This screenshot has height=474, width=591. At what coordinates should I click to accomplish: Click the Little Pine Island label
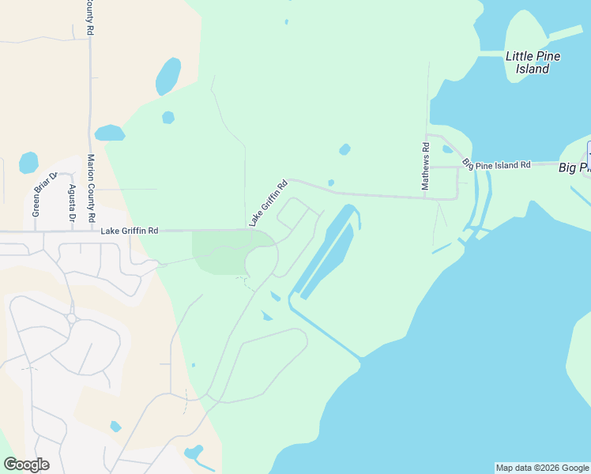(527, 62)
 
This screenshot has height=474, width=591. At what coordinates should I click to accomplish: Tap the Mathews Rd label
(425, 166)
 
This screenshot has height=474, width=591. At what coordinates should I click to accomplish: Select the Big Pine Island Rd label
(497, 165)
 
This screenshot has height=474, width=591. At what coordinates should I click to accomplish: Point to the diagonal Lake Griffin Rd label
(268, 204)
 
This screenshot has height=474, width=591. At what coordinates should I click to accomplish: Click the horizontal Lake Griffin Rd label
(130, 231)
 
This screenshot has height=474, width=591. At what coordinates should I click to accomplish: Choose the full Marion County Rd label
(91, 187)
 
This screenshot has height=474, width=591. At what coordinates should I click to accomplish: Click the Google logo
(26, 464)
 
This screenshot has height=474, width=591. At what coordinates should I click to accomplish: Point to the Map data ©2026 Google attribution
(542, 468)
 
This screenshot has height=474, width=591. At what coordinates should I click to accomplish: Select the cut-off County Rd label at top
(91, 17)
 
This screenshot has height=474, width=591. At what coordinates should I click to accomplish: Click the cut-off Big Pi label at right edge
(574, 167)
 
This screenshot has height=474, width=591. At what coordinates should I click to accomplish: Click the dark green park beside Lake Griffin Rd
(218, 254)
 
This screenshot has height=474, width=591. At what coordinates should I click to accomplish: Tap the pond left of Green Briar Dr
(28, 162)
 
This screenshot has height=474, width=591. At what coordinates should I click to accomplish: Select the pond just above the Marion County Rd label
(110, 133)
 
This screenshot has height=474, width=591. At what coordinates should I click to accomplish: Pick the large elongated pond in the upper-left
(168, 76)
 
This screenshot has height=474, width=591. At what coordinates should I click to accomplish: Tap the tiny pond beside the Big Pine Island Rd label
(448, 149)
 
